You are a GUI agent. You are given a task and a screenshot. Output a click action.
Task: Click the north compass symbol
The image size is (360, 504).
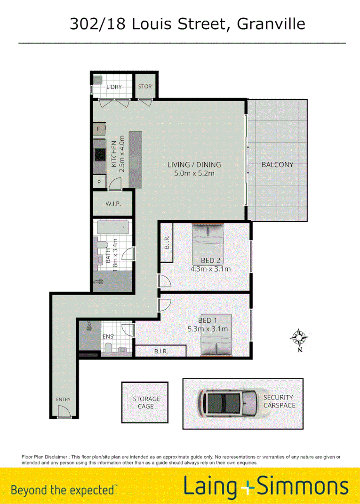(x=299, y=337)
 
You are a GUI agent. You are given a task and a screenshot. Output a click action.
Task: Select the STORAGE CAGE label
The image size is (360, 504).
(x=146, y=402)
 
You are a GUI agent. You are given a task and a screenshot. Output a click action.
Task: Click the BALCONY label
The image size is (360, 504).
(x=277, y=165)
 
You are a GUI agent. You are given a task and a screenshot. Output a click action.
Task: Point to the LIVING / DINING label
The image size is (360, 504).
(x=194, y=165)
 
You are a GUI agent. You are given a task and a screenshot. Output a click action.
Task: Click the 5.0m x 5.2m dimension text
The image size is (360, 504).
(x=194, y=173)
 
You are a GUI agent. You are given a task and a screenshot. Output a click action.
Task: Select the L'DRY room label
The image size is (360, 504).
(x=114, y=87)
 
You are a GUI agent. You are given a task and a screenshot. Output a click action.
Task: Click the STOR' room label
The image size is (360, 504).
(x=145, y=87)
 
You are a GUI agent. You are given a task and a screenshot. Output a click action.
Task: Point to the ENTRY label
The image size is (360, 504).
(x=63, y=400)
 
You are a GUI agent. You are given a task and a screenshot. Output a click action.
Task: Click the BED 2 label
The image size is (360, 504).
(x=211, y=261)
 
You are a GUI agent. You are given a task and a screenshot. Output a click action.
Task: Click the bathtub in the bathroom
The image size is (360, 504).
(x=113, y=228)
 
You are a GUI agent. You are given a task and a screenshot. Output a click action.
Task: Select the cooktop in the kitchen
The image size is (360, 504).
(x=100, y=154)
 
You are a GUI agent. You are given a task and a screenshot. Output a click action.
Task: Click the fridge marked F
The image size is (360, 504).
(x=99, y=129)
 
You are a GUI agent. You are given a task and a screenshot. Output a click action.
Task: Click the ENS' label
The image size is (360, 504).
(x=108, y=337)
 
